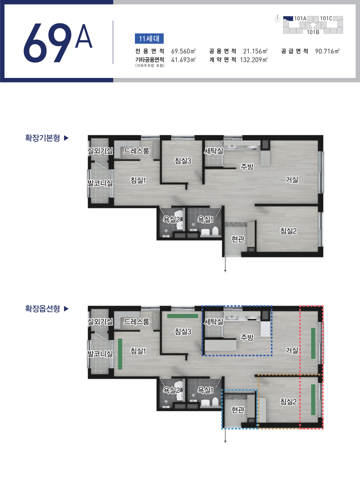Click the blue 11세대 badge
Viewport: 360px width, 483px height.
point(149,39)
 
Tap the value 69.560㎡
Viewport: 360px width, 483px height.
point(183,51)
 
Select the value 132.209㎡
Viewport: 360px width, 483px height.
point(254,60)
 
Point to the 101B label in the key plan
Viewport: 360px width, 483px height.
point(313,32)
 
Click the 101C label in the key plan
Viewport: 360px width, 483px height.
point(326,18)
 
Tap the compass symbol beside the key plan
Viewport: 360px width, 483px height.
point(277,19)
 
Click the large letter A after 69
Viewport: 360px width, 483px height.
point(83,36)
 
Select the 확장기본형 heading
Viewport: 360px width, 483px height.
point(43,138)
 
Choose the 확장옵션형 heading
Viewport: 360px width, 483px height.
point(43,309)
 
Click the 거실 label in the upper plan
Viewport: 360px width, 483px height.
point(292,179)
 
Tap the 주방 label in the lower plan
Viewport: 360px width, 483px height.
point(247,337)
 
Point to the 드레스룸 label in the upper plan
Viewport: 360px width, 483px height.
point(136,151)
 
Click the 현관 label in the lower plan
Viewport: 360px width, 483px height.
point(238,410)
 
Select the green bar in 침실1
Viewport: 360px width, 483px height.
point(120,354)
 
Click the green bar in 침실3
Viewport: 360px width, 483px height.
point(183,316)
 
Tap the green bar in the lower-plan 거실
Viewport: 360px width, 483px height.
point(313,343)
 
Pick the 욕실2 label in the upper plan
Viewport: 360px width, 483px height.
point(171,219)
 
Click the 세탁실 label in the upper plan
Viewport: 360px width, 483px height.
point(213,151)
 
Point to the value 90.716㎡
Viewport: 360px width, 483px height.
point(327,51)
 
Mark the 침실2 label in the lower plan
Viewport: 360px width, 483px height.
point(288,402)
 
